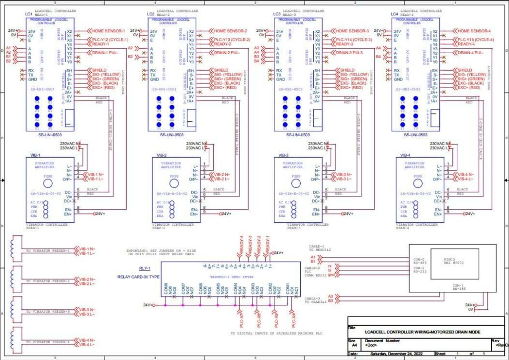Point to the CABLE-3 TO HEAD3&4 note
315,299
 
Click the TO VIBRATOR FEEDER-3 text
48,312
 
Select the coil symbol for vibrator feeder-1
14,250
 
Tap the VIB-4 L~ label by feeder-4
87,345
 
